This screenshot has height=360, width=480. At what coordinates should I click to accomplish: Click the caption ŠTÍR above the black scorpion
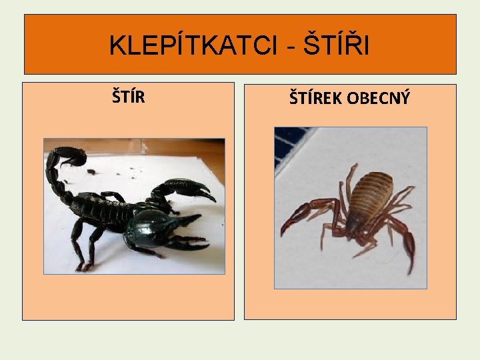[x=129, y=97]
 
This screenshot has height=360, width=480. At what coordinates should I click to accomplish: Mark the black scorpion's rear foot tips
[x=83, y=267]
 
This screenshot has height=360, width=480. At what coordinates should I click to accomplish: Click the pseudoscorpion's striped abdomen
[x=369, y=193]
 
